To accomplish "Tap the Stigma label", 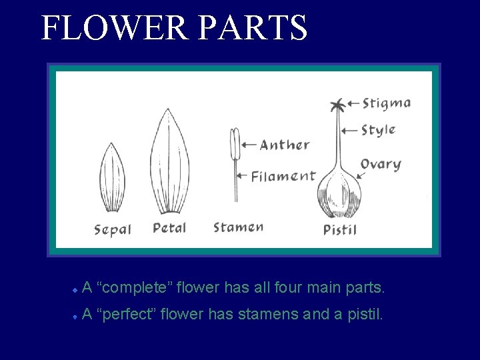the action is click(x=386, y=103).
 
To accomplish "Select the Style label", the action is click(x=378, y=129).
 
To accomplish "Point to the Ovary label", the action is click(x=381, y=164).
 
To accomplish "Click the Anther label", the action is click(x=285, y=145).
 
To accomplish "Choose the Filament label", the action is click(x=283, y=177).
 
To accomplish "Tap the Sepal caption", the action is click(x=113, y=230).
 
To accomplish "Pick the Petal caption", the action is click(x=169, y=228).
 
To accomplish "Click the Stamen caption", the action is click(x=238, y=227).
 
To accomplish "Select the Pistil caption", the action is click(x=340, y=230).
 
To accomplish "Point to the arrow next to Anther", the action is click(x=249, y=144).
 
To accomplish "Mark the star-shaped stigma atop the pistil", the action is click(x=337, y=105).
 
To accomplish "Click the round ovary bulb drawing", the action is click(x=339, y=193).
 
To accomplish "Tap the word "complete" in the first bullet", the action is click(x=136, y=289).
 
